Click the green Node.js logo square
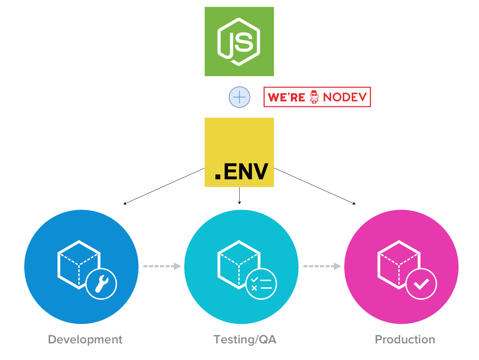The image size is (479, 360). pyautogui.click(x=239, y=42)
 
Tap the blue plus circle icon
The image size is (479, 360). pyautogui.click(x=239, y=97)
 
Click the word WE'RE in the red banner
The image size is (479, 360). pyautogui.click(x=286, y=97)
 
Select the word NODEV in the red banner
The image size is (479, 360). pyautogui.click(x=345, y=97)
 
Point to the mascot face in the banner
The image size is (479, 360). pyautogui.click(x=314, y=97)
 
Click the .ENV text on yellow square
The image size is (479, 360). pyautogui.click(x=241, y=172)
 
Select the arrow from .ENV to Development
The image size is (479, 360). pyautogui.click(x=164, y=186)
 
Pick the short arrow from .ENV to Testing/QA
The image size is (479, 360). pyautogui.click(x=239, y=196)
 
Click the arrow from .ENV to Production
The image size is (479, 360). pyautogui.click(x=314, y=186)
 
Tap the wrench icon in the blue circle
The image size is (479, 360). pyautogui.click(x=101, y=284)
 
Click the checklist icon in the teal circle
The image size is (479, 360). pyautogui.click(x=261, y=284)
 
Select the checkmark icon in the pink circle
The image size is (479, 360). pyautogui.click(x=421, y=284)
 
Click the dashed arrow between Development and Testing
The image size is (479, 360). pyautogui.click(x=162, y=266)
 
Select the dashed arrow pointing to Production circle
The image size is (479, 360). pyautogui.click(x=322, y=266)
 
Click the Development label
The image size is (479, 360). pyautogui.click(x=85, y=340)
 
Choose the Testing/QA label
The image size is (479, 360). pyautogui.click(x=245, y=340)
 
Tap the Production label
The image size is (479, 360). pyautogui.click(x=405, y=340)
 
